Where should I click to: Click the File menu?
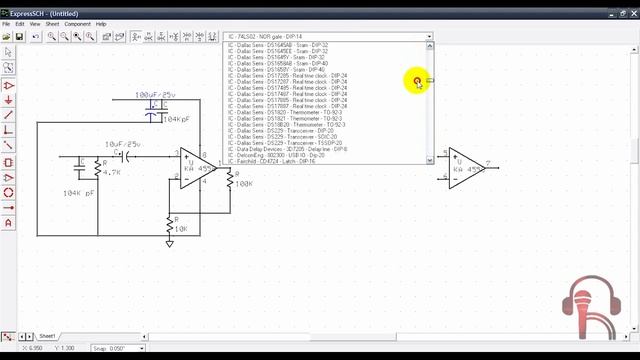[6, 23]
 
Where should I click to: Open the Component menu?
[77, 23]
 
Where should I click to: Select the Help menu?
[101, 23]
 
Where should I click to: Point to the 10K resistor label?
[180, 229]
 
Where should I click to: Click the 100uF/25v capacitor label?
[155, 94]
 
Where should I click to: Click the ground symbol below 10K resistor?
[169, 243]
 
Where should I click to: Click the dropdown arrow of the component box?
[430, 36]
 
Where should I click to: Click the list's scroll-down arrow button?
[430, 160]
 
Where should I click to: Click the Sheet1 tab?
[47, 336]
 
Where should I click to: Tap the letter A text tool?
[8, 222]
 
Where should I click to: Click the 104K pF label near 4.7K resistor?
[78, 192]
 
